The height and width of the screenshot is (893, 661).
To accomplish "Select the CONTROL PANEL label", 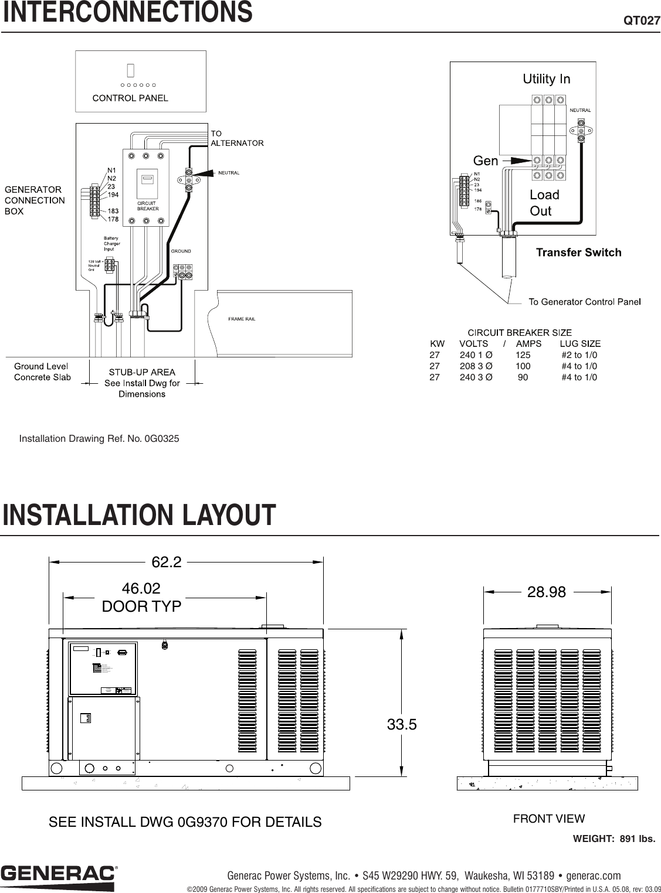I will (x=130, y=98).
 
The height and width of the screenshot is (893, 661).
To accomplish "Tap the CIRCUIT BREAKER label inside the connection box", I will (x=146, y=206).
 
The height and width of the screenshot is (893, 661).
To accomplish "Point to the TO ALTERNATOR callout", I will (x=237, y=138).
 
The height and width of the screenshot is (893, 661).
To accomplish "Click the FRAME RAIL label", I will (x=242, y=319).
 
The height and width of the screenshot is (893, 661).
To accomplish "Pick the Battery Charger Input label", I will (x=112, y=244).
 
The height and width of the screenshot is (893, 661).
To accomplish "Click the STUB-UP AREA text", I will (x=142, y=372).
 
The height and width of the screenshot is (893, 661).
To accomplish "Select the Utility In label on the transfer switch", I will (x=546, y=79).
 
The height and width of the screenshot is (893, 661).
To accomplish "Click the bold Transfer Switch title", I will (x=578, y=253).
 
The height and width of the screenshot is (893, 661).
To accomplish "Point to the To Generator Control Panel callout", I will (x=584, y=302).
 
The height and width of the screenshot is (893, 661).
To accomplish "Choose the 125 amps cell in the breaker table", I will (x=523, y=355).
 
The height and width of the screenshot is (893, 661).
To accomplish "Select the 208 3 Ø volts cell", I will (x=476, y=366).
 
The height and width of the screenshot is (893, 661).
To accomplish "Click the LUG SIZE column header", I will (x=580, y=343).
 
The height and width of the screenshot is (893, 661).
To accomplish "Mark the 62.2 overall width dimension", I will (x=167, y=563).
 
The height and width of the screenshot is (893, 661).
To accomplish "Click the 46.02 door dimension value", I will (x=141, y=588).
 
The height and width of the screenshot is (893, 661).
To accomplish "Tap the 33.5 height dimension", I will (x=402, y=725).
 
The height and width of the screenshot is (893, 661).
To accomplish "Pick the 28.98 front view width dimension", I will (x=547, y=592).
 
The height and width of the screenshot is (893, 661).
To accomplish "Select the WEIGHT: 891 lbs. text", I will (x=613, y=839).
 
